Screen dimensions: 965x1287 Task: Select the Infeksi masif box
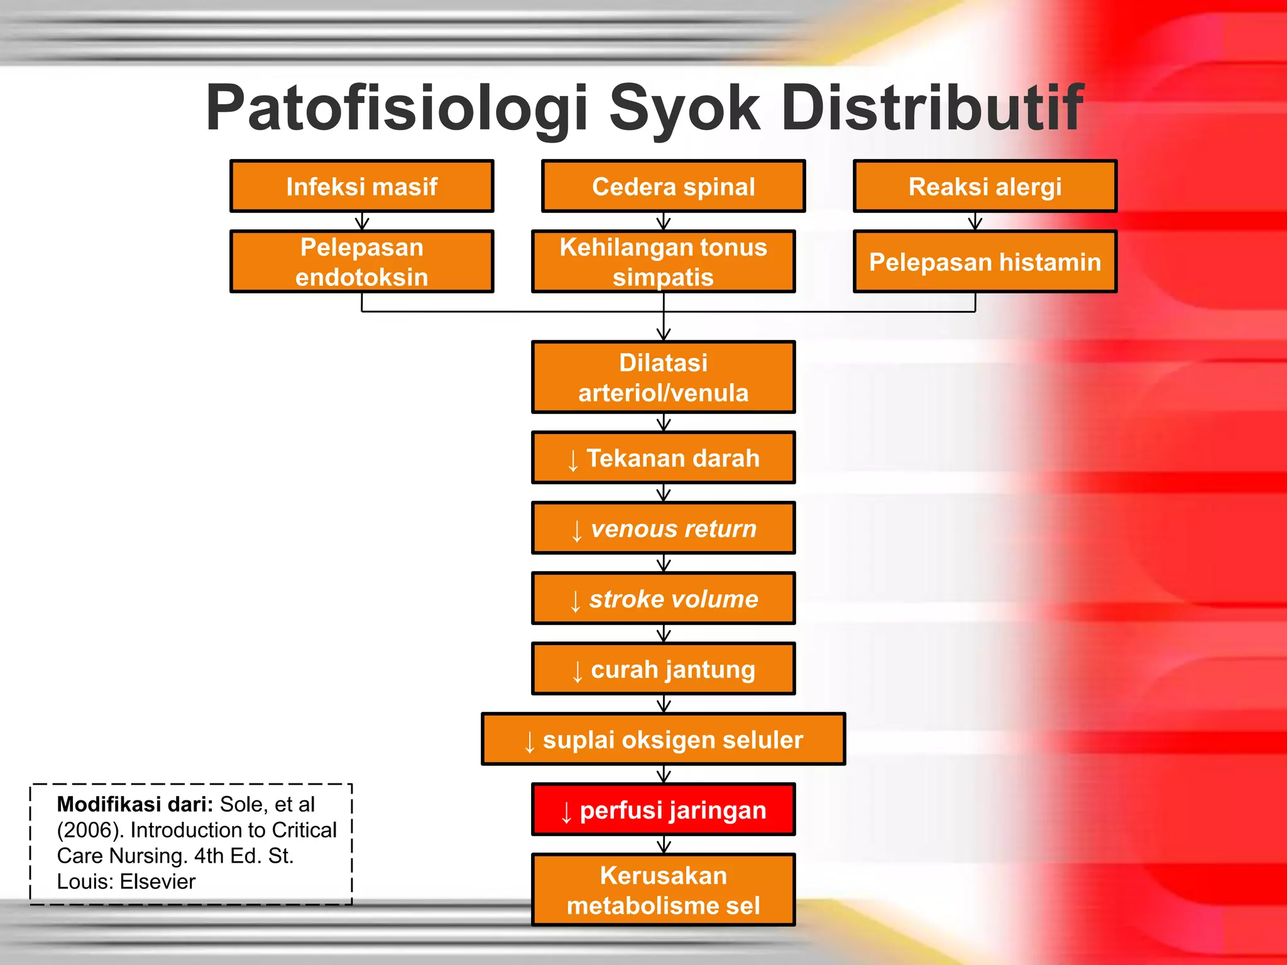[x=362, y=187]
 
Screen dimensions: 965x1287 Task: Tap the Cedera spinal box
[x=673, y=187]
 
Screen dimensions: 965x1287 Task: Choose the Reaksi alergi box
[x=985, y=187]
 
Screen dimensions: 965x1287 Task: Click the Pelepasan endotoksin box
[x=362, y=262]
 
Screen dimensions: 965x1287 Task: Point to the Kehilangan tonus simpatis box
[x=663, y=262]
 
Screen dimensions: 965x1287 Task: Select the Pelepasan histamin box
[x=985, y=262]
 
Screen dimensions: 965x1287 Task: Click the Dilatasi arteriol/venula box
[x=663, y=378]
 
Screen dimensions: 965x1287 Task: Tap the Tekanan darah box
[x=663, y=458]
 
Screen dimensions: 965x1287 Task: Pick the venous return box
[x=663, y=528]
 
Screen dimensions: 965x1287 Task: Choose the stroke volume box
[x=663, y=599]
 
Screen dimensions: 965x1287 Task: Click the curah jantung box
[x=663, y=669]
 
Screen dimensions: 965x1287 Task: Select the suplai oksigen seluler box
[x=663, y=739]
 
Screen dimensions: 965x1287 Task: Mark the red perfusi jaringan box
[x=663, y=810]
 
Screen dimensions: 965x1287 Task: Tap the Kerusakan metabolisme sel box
[x=663, y=890]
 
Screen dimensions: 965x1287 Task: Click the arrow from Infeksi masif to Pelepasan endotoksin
[x=362, y=221]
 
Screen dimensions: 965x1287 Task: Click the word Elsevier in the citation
[x=157, y=881]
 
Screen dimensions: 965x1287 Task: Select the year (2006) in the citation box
[x=89, y=830]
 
